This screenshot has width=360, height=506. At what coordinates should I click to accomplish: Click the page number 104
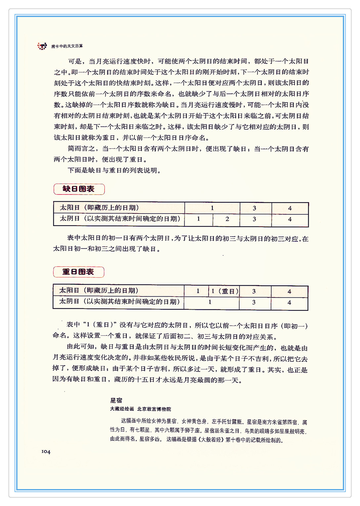click(46, 452)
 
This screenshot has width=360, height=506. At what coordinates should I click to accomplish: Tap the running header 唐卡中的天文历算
click(67, 46)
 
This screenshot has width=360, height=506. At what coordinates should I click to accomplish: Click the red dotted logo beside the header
click(42, 46)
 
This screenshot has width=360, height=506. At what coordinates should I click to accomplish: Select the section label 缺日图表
click(79, 189)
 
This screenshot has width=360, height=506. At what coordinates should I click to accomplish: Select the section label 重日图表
click(78, 272)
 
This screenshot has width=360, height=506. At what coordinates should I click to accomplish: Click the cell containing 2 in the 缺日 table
click(227, 219)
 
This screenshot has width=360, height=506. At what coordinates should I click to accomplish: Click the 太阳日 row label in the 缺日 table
click(99, 208)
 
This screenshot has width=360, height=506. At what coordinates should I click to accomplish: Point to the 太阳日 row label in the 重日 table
click(99, 290)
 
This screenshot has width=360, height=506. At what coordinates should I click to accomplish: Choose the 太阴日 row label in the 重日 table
click(119, 302)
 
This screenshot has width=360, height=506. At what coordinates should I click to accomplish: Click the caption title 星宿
click(116, 400)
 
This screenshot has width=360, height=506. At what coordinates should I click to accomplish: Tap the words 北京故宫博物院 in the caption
click(154, 409)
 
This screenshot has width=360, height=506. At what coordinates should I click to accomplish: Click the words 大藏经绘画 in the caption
click(122, 409)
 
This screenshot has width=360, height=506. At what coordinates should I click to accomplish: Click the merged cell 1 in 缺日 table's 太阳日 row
click(212, 208)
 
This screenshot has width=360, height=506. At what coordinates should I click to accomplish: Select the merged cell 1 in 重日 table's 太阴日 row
click(210, 302)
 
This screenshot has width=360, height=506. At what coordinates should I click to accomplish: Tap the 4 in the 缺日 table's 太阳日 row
click(290, 208)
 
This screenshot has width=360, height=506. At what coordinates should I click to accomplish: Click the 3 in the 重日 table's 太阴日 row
click(254, 302)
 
